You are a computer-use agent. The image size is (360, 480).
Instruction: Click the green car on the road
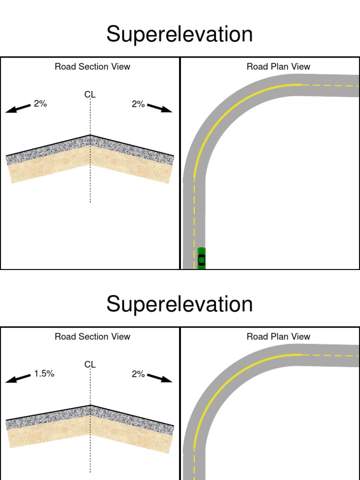pyautogui.click(x=202, y=258)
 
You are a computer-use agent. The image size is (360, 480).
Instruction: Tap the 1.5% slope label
pyautogui.click(x=44, y=374)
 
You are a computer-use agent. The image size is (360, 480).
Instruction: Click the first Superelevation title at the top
pyautogui.click(x=180, y=34)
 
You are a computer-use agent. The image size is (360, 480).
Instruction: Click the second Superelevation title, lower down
pyautogui.click(x=180, y=304)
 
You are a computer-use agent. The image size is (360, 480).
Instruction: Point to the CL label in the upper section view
pyautogui.click(x=90, y=95)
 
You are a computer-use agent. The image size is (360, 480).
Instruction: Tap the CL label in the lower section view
pyautogui.click(x=90, y=365)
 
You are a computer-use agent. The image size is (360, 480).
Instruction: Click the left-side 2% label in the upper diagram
pyautogui.click(x=40, y=104)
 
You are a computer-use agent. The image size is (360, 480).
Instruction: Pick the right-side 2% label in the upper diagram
pyautogui.click(x=138, y=104)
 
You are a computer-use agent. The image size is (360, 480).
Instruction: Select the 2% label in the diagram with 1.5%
pyautogui.click(x=138, y=374)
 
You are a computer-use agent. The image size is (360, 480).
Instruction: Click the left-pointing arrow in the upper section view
pyautogui.click(x=18, y=108)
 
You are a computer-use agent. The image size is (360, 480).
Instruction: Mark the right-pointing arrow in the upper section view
pyautogui.click(x=159, y=108)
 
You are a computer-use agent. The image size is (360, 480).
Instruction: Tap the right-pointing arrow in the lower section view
pyautogui.click(x=159, y=378)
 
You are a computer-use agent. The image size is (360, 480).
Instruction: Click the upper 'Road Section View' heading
pyautogui.click(x=92, y=67)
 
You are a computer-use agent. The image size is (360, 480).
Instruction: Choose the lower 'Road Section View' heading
pyautogui.click(x=92, y=337)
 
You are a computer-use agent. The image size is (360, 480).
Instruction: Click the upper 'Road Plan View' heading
pyautogui.click(x=278, y=67)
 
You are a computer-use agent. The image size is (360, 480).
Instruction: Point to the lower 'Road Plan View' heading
pyautogui.click(x=278, y=337)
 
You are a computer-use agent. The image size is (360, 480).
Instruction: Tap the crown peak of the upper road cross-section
pyautogui.click(x=90, y=135)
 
